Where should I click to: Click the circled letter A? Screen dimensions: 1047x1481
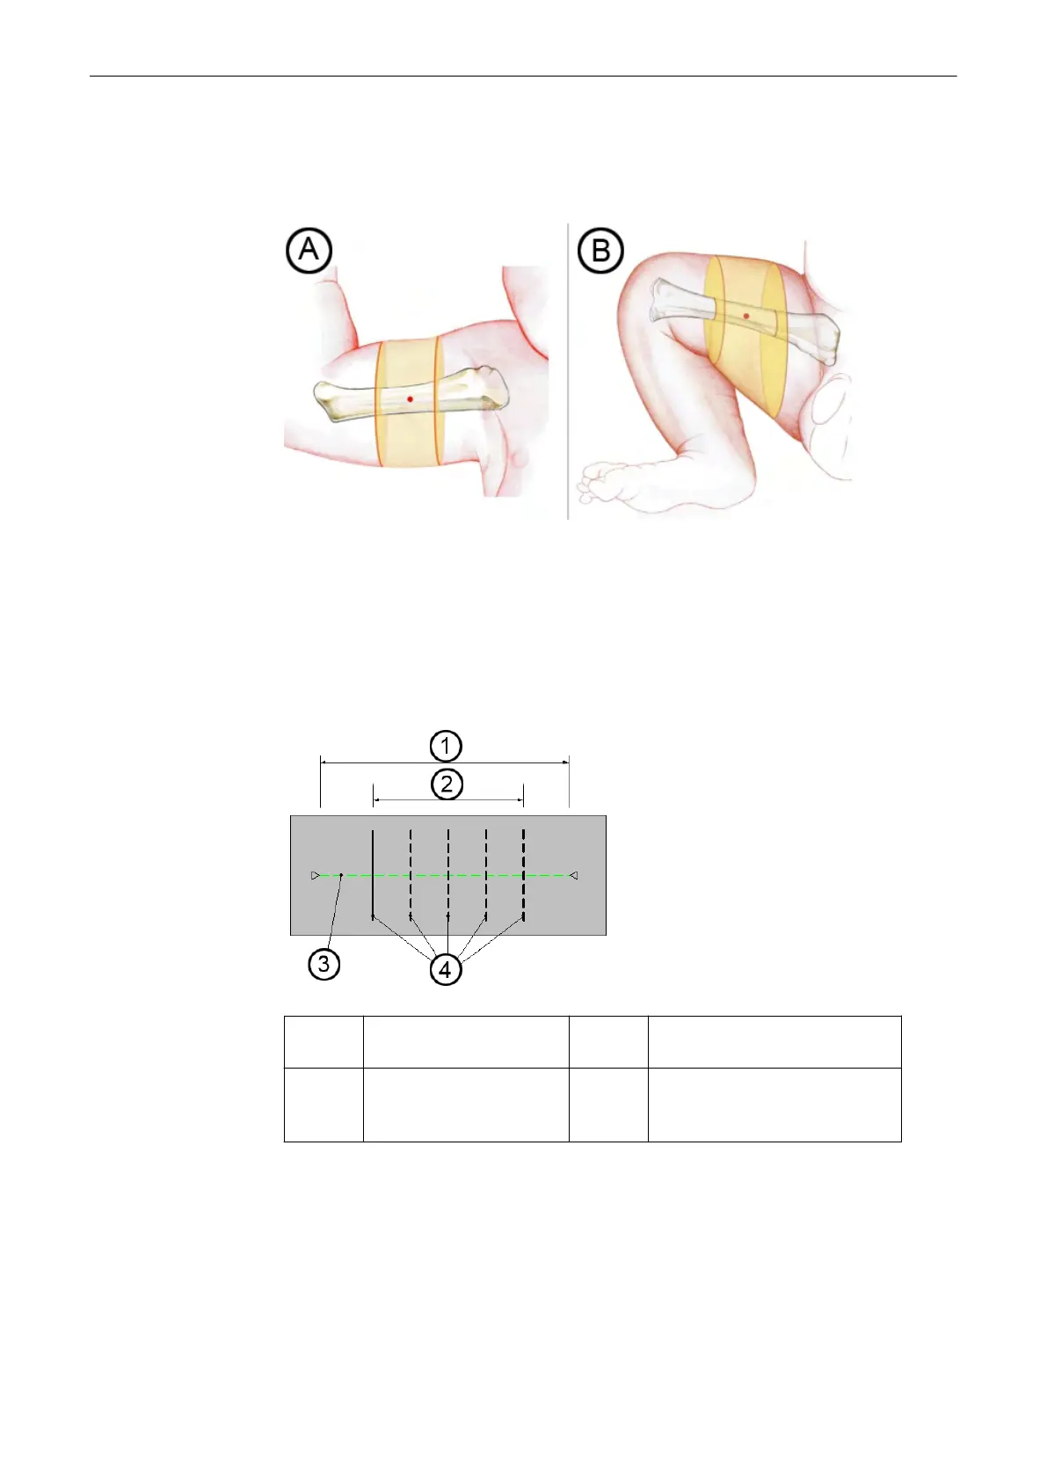309,251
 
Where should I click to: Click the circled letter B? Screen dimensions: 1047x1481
600,251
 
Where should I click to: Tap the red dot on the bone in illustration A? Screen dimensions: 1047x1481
410,399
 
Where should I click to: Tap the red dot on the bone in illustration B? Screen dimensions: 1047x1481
746,315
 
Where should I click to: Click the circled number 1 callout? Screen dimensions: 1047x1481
446,746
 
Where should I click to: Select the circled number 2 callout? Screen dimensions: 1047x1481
447,784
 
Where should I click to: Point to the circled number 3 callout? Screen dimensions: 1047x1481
324,964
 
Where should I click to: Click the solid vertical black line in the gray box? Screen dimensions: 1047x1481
374,875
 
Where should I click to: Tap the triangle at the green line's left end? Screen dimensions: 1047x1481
316,876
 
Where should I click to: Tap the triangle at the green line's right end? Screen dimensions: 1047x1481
573,876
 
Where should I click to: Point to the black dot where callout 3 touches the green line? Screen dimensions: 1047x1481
341,876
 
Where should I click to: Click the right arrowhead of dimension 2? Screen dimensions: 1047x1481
520,800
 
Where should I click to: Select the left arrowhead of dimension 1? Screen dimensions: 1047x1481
324,763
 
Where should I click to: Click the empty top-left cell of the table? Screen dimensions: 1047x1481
324,1042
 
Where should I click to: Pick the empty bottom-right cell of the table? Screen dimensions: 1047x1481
774,1105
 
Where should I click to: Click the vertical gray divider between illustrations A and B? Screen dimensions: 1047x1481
568,369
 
